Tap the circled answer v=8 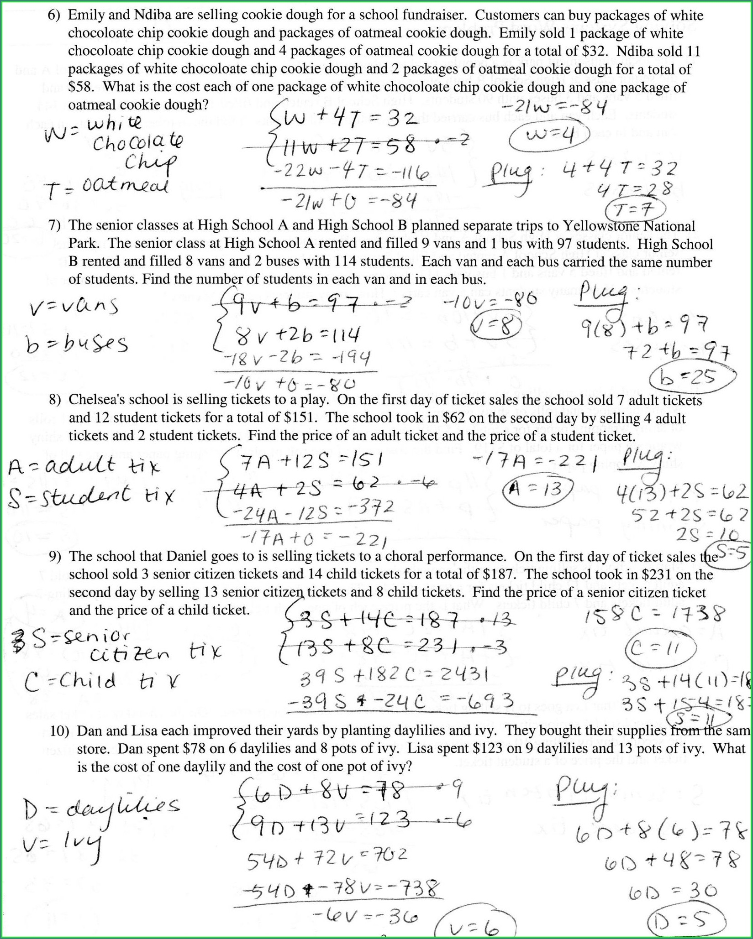(496, 327)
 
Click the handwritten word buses (95, 344)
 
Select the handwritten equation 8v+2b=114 (297, 335)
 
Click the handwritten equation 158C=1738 (654, 615)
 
